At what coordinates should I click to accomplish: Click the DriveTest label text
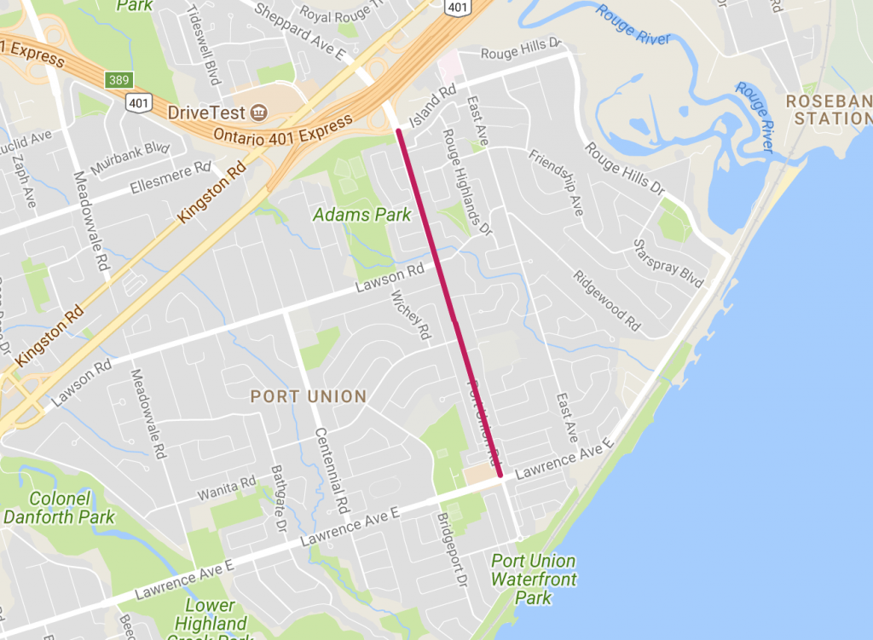[x=206, y=112]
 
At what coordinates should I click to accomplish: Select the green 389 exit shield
[x=118, y=79]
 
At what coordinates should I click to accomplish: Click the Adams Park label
[x=362, y=215]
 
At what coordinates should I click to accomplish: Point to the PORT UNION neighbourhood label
[x=308, y=396]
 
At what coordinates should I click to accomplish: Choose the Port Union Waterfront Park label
[x=534, y=579]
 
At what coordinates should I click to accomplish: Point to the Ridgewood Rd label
[x=606, y=300]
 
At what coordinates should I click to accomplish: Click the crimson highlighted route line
[x=449, y=303]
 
